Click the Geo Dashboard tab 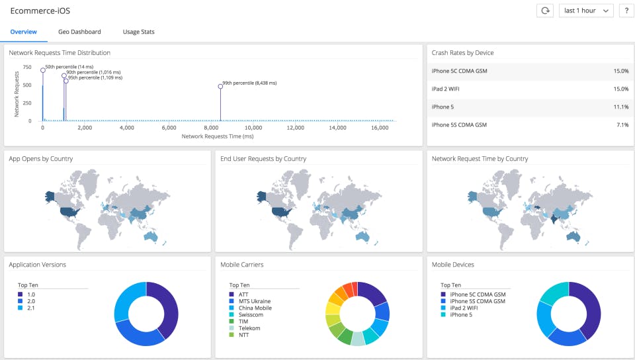(x=79, y=32)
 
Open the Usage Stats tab (x=138, y=32)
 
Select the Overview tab (x=23, y=32)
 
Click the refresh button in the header (x=544, y=11)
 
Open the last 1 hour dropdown (x=586, y=11)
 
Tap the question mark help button (x=626, y=11)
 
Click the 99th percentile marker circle (x=220, y=87)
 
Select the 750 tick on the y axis (x=27, y=67)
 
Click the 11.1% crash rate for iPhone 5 (x=620, y=107)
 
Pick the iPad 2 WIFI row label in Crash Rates (x=449, y=89)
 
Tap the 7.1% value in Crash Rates (x=622, y=124)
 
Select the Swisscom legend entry (x=251, y=314)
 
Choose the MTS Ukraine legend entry (x=255, y=301)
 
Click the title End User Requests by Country (x=263, y=159)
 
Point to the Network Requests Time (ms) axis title (x=217, y=136)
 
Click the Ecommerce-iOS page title (x=40, y=11)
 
